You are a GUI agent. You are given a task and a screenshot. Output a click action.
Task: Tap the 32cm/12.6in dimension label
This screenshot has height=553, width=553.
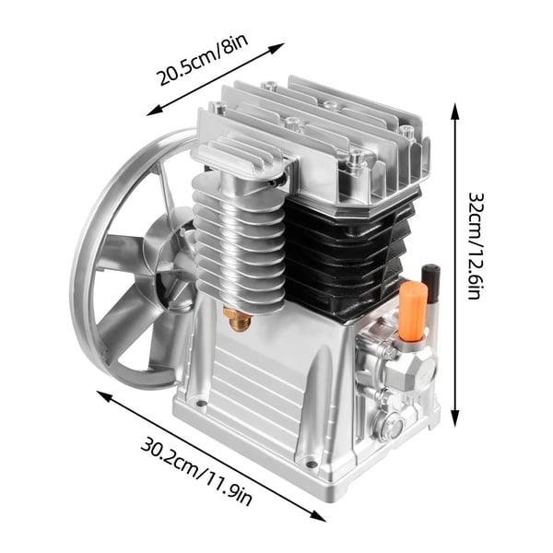[475, 245]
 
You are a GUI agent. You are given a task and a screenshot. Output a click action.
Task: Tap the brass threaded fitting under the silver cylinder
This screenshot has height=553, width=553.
[238, 319]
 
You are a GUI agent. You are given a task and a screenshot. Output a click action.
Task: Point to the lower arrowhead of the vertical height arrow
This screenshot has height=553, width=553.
[455, 418]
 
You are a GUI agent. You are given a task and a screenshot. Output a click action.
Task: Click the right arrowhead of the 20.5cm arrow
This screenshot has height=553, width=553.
[277, 47]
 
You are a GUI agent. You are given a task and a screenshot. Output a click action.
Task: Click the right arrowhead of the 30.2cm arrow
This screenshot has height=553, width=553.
[318, 517]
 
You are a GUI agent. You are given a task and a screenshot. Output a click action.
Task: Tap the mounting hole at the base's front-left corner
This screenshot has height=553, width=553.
[200, 403]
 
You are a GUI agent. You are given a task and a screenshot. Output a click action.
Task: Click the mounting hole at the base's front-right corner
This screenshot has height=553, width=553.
[310, 465]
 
